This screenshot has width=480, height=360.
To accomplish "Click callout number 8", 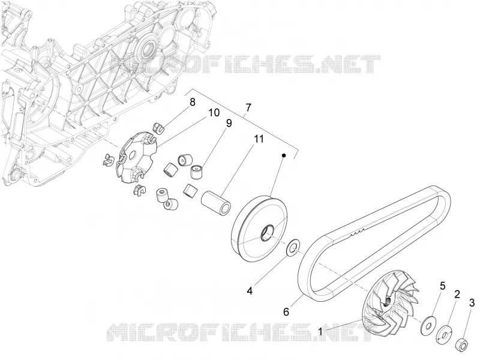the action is (x=192, y=102).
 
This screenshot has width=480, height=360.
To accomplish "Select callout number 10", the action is (x=214, y=113).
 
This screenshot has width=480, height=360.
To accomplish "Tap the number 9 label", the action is (x=229, y=124).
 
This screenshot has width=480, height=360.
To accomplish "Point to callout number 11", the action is (x=259, y=139).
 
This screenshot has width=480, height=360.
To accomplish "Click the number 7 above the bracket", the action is (x=248, y=107).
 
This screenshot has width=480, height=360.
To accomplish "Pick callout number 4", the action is (x=250, y=290).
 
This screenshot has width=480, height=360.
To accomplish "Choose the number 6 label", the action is (x=286, y=311).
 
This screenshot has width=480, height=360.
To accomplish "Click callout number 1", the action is (x=320, y=332).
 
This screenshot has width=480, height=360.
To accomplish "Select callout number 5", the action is (x=442, y=286).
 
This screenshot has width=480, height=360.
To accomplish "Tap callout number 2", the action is (x=457, y=295).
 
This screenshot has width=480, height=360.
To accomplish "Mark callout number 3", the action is (x=472, y=303).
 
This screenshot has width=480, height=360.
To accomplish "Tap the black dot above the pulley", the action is (x=284, y=156).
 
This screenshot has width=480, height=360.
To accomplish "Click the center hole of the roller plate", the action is (x=132, y=156).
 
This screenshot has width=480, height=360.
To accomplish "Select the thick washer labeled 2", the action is (x=444, y=334).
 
